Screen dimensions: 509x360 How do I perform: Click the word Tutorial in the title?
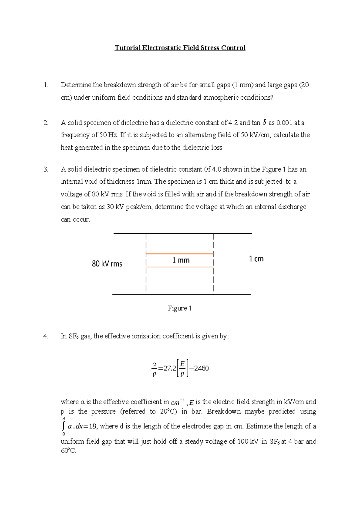pos(127,48)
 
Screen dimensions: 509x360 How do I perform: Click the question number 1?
pos(46,85)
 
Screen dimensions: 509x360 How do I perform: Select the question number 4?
pos(46,336)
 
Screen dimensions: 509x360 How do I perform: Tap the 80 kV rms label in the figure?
pos(107,264)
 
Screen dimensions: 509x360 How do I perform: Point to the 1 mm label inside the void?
pos(181,260)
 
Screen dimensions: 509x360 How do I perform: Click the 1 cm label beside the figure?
pos(256,259)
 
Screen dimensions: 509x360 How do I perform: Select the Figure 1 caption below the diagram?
pos(179,308)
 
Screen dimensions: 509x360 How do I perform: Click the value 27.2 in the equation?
pos(170,368)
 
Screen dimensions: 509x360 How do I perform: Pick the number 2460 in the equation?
pos(201,368)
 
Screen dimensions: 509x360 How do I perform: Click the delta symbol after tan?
pos(264,122)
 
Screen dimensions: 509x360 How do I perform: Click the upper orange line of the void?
pos(180,254)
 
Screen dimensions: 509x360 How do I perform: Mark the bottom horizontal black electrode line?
pos(181,294)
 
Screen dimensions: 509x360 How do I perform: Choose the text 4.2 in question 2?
pos(233,123)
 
